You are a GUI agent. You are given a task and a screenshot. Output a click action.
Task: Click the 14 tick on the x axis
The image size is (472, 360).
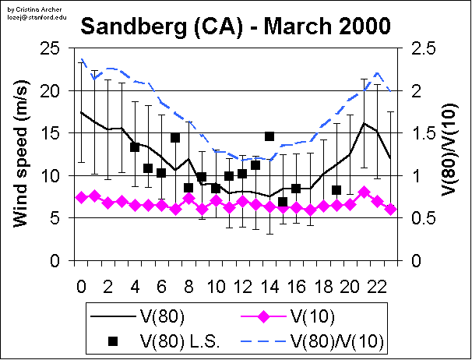[x=269, y=277]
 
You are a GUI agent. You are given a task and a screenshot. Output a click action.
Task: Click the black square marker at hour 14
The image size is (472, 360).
[x=269, y=136]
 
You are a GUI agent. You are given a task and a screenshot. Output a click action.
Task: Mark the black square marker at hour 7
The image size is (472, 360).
[x=175, y=138]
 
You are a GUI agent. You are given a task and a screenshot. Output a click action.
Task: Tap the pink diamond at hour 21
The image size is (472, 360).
[x=364, y=192]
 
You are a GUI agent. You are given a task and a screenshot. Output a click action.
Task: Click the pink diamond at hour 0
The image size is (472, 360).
[x=81, y=198]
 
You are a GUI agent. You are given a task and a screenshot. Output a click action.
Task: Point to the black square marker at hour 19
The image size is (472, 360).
[x=336, y=190]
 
